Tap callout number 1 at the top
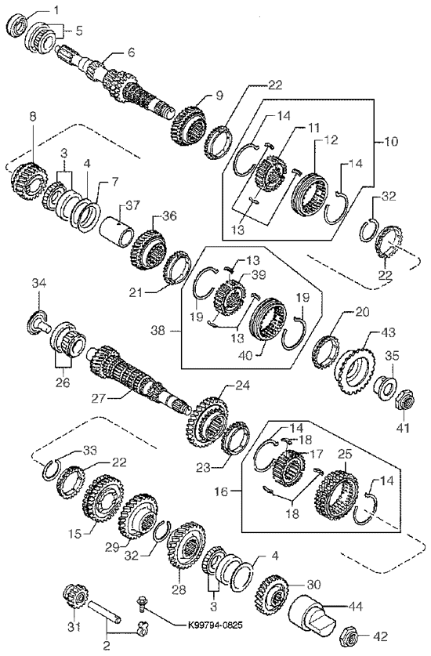pos(56,9)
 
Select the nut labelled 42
pos(350,636)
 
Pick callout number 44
pos(357,606)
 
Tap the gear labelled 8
pos(28,181)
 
